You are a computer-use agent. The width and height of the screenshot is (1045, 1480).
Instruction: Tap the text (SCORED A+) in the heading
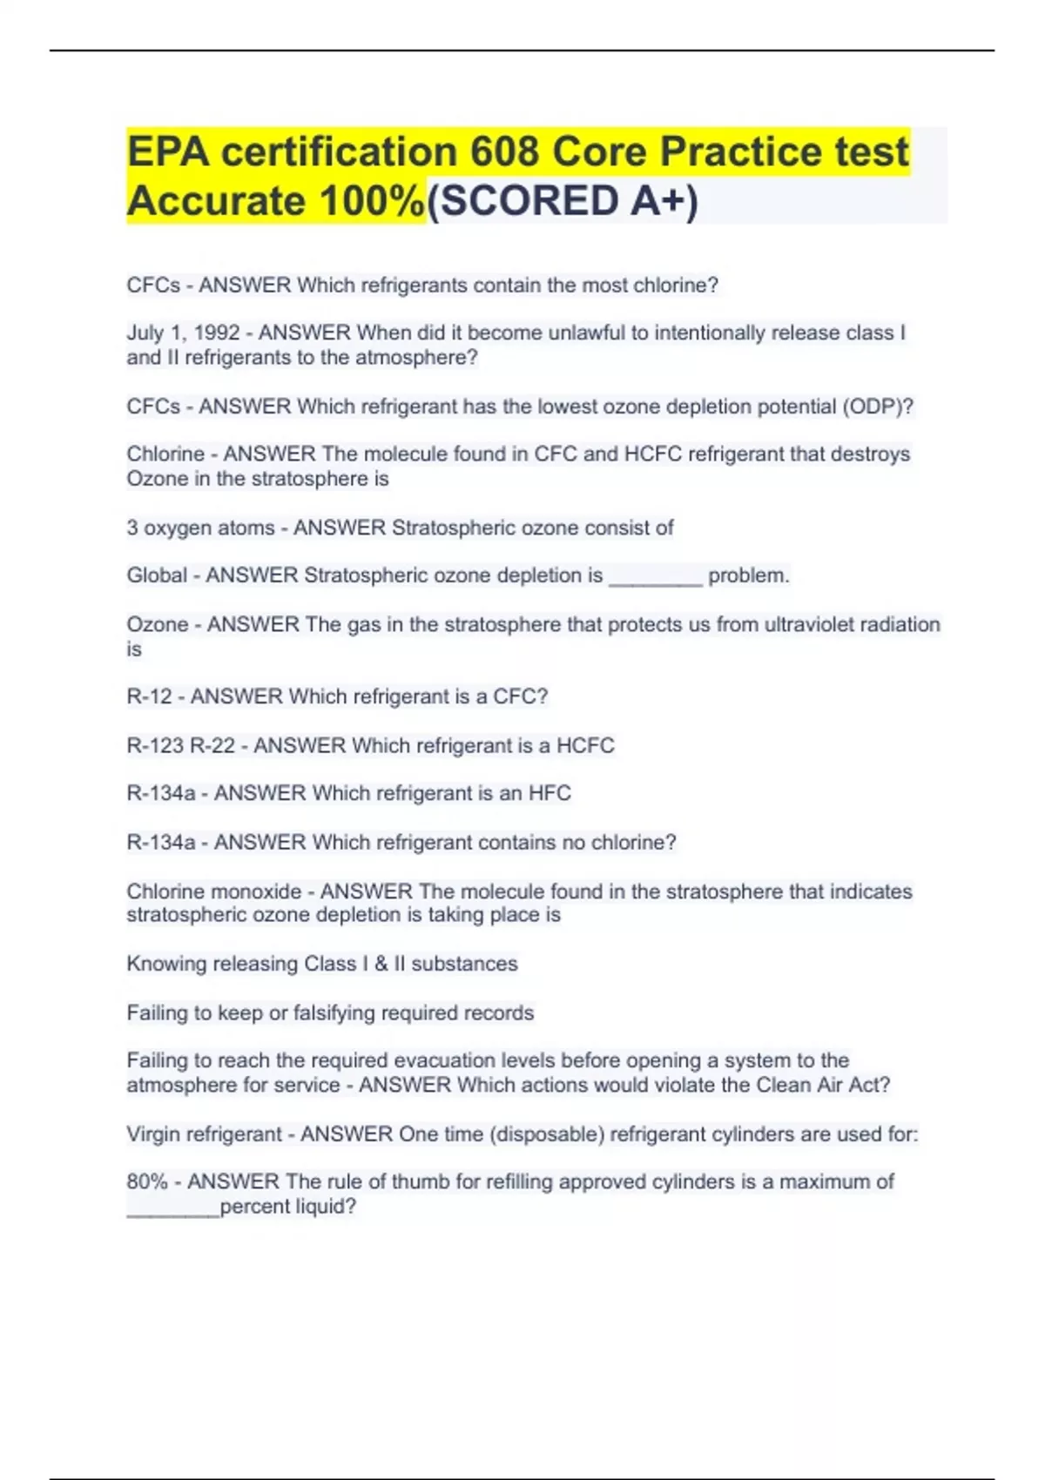[563, 201]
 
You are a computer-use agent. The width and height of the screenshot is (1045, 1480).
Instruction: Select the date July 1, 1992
[183, 333]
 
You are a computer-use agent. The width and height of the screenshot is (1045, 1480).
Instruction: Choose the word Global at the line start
[157, 575]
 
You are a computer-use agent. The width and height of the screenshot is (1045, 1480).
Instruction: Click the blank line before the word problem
[655, 582]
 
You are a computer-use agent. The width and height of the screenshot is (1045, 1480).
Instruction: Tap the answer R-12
[149, 696]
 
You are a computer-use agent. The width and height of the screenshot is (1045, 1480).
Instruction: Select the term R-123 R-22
[180, 745]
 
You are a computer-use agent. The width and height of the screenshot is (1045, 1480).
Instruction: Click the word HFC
[549, 793]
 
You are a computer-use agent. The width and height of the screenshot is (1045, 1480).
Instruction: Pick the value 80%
[146, 1181]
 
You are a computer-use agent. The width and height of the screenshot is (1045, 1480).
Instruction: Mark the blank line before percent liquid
[172, 1213]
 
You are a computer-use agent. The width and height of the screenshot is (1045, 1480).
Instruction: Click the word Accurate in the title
[214, 201]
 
